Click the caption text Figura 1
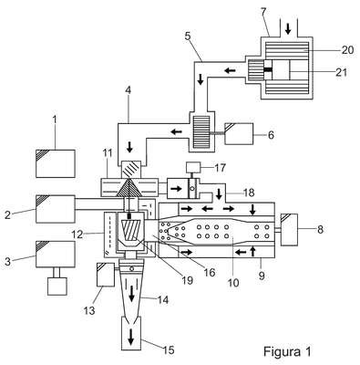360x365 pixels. point(287,351)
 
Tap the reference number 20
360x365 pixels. point(347,50)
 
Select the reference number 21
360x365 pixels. point(341,72)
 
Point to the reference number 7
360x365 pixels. point(263,12)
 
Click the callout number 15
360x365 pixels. point(169,349)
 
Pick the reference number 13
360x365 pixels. point(89,310)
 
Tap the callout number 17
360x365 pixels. point(220,167)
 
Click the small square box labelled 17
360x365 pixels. point(193,167)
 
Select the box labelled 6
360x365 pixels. point(239,134)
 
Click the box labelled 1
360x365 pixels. point(56,163)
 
